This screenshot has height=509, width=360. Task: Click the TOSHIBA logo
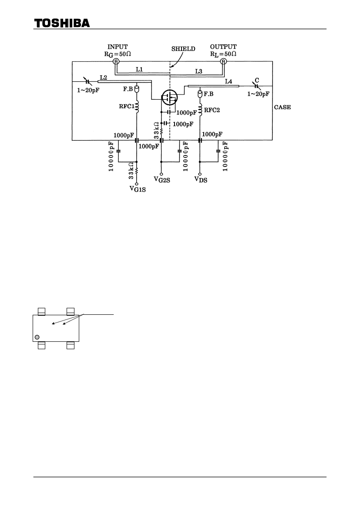point(62,23)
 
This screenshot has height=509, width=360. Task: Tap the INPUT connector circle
point(116,61)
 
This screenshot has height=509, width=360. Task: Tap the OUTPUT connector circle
point(223,61)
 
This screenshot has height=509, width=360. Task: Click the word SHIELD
point(183,49)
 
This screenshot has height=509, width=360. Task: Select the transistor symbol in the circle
point(169,97)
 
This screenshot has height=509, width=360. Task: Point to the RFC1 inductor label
point(127,106)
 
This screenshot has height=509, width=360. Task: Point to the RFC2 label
point(212,110)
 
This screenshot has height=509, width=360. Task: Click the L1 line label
point(139,69)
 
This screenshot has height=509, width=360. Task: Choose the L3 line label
point(199,71)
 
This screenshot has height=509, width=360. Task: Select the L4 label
point(229,81)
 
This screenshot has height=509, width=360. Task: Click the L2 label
point(104,78)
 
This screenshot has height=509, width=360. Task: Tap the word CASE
point(283,107)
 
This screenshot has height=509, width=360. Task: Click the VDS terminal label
point(201,179)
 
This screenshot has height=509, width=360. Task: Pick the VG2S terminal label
point(162,179)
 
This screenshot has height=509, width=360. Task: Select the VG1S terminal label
point(138,189)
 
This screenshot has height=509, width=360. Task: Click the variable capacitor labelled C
point(256,86)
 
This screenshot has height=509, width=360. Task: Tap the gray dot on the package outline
point(37,337)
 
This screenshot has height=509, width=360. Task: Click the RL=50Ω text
point(223,54)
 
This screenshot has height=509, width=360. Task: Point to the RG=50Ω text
point(118,54)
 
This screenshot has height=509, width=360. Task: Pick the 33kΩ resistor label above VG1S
point(131,170)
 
